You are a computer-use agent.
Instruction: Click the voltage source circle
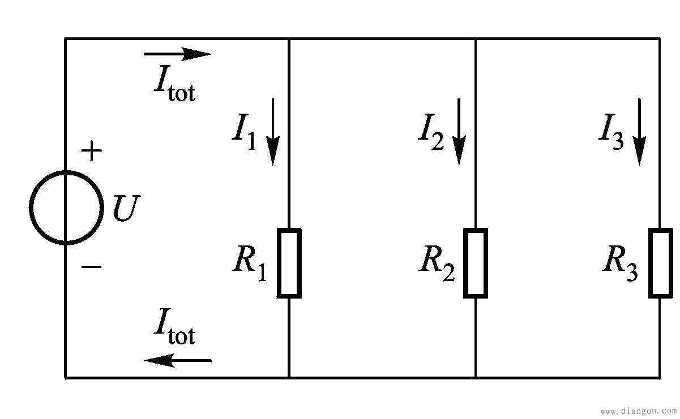(66, 208)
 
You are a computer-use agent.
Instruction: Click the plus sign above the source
(91, 151)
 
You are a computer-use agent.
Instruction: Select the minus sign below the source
(91, 266)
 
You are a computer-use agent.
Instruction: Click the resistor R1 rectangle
(289, 263)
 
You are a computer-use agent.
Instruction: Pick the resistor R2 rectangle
(476, 263)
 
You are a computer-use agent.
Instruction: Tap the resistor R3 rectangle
(660, 263)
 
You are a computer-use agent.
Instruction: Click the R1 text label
(250, 262)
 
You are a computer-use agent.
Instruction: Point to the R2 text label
(437, 262)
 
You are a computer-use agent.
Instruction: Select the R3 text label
(621, 262)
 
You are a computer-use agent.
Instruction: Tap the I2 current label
(431, 132)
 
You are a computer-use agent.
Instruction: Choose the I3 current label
(611, 132)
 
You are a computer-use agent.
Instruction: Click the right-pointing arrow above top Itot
(178, 54)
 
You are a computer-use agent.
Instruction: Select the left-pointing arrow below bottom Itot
(178, 360)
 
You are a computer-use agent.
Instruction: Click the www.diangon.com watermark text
(638, 411)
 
